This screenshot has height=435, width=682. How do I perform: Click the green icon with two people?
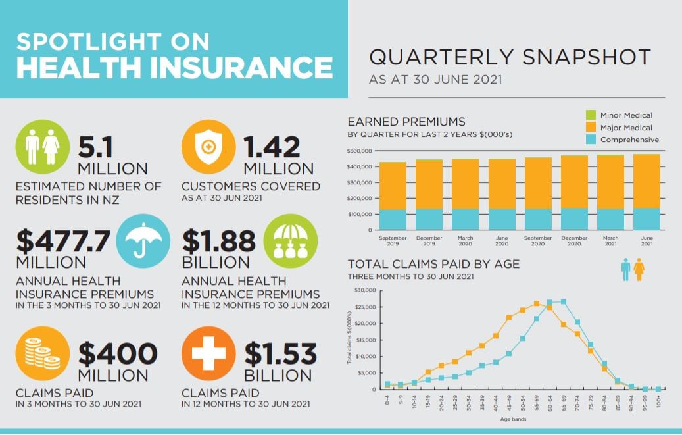[x=42, y=147]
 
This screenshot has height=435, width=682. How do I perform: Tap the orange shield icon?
[x=208, y=147]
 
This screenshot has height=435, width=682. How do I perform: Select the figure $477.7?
[x=63, y=242]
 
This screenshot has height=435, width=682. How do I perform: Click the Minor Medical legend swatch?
[x=590, y=115]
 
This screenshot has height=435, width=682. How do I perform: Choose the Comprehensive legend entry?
[x=629, y=140]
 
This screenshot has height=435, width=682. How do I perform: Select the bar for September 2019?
[x=393, y=196]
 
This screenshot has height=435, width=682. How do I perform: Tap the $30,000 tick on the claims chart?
[x=364, y=290]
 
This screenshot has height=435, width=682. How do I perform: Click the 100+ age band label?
[x=658, y=399]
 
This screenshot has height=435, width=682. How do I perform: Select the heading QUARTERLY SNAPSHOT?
[x=510, y=57]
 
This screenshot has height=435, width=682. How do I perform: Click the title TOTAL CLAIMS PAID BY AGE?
[x=433, y=264]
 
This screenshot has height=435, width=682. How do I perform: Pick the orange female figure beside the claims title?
[x=639, y=269]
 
